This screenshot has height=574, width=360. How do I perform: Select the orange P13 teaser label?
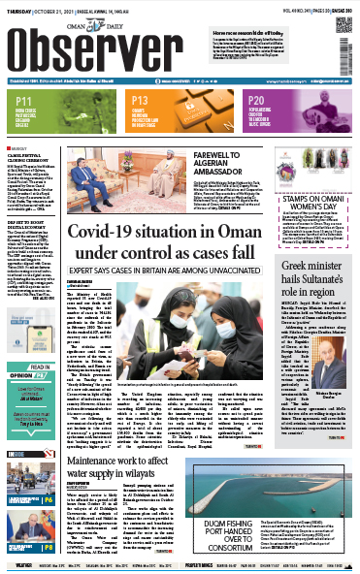point(139,101)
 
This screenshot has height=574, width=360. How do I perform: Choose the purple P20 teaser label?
point(256,100)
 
